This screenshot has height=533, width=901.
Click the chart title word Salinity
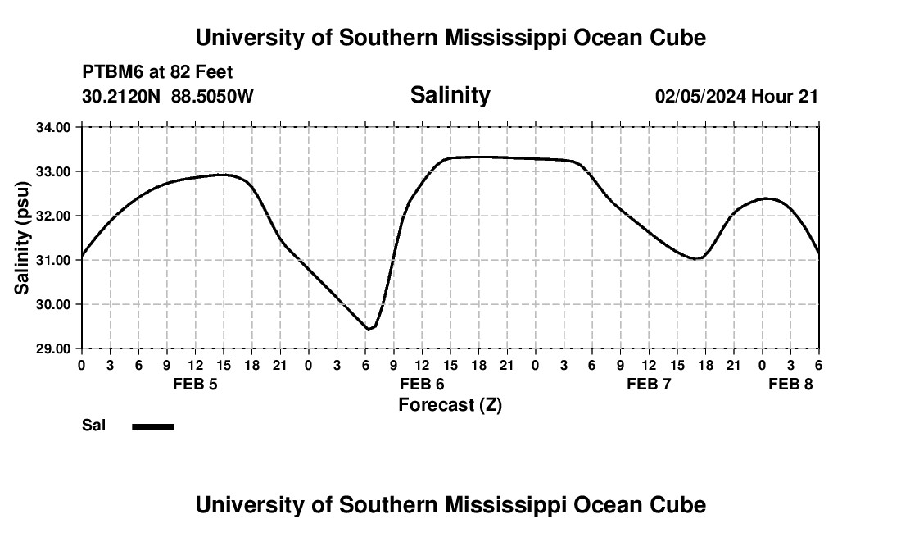coord(450,95)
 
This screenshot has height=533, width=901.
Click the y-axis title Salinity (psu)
coord(23,238)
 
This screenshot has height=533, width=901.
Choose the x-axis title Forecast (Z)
coord(450,404)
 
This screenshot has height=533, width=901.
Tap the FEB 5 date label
coord(195,385)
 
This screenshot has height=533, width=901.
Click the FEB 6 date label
coord(422,385)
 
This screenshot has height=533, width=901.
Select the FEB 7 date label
coord(649,385)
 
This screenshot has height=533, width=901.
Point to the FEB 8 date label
coord(790,385)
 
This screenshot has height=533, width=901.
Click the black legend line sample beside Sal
coord(153,426)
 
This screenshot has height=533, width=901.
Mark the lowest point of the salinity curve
coord(369,330)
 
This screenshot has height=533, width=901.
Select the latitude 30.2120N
coord(121,96)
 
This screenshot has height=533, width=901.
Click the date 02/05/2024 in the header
coord(700,96)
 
